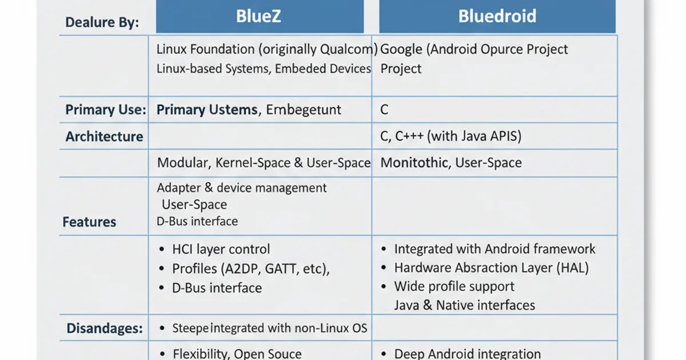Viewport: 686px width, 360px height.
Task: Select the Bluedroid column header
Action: [x=497, y=15]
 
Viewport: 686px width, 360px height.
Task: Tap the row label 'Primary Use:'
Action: [x=106, y=110]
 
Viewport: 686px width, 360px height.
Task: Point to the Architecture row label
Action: [x=104, y=137]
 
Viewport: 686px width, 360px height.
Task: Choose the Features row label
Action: [x=89, y=222]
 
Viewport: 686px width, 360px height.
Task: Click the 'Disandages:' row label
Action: [x=105, y=328]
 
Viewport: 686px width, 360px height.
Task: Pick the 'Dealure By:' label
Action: [x=102, y=23]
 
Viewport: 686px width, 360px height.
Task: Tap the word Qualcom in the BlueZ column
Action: [x=354, y=49]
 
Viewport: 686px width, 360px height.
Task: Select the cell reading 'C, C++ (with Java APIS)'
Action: [x=451, y=137]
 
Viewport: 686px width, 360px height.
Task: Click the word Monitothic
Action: [x=414, y=163]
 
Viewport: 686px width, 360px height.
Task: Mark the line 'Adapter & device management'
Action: [x=242, y=187]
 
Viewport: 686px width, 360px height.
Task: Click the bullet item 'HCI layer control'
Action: [x=221, y=249]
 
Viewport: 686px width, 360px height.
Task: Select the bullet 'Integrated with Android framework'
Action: [x=494, y=249]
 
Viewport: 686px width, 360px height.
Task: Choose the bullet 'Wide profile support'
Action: [x=454, y=286]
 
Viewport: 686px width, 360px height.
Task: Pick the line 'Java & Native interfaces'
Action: [x=464, y=305]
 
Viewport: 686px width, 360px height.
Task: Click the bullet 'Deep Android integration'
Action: [x=468, y=354]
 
